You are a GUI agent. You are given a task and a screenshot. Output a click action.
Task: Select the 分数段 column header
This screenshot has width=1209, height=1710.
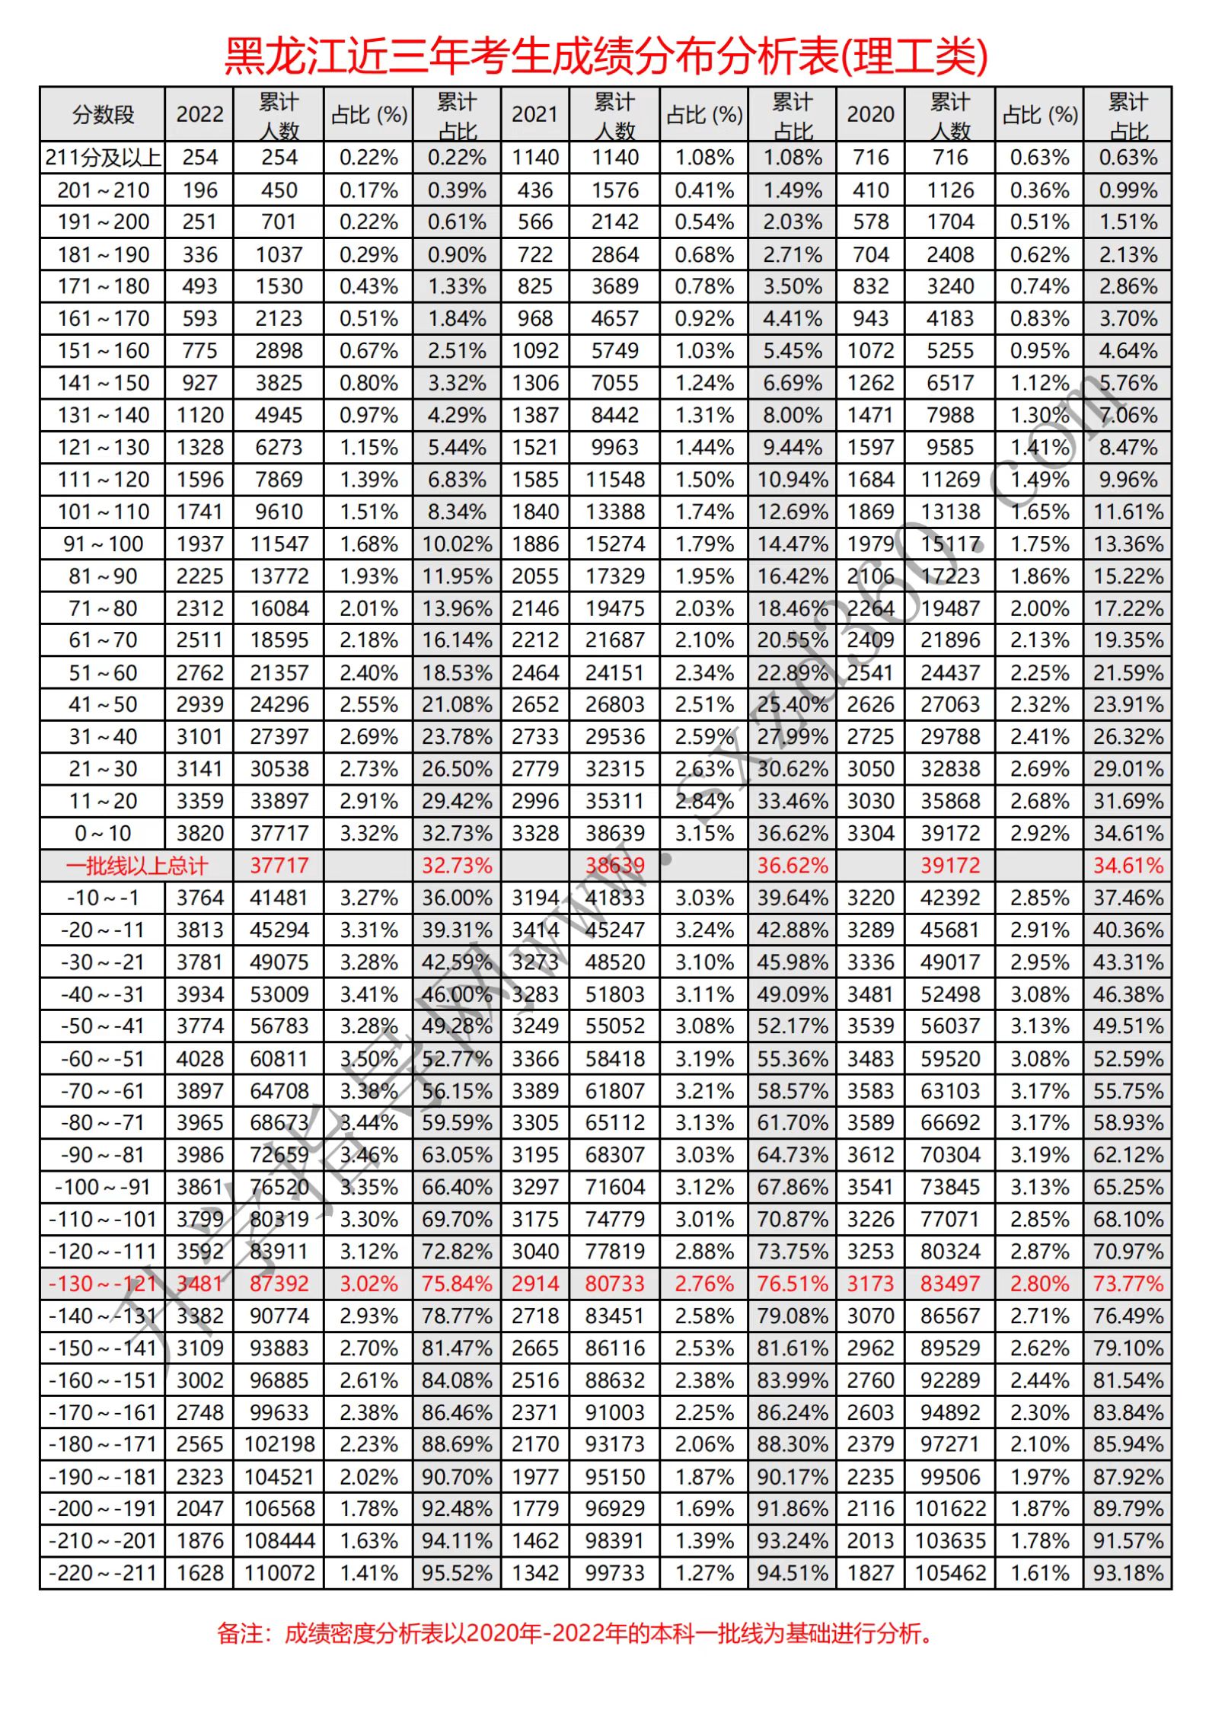tap(103, 115)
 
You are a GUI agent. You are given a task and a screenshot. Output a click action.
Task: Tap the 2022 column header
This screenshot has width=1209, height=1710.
tap(199, 115)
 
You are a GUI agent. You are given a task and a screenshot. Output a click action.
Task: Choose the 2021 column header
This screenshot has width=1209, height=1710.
tap(534, 115)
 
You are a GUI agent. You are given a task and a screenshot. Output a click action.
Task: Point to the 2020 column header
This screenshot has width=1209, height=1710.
tap(870, 115)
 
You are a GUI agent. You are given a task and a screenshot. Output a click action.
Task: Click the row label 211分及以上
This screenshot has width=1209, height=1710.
tap(103, 158)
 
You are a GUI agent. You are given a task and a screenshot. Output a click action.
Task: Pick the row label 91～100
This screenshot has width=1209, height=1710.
tap(103, 544)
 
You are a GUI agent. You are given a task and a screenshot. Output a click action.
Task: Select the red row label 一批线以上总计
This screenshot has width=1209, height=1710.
tap(136, 866)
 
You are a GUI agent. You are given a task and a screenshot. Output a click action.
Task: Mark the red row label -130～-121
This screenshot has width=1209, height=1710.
tap(103, 1284)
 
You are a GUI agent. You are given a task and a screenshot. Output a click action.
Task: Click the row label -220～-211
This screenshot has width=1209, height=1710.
tap(103, 1573)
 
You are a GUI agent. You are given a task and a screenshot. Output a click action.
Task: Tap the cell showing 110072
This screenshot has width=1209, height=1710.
tap(279, 1573)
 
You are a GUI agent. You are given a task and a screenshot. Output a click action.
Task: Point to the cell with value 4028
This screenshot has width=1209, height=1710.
tap(199, 1059)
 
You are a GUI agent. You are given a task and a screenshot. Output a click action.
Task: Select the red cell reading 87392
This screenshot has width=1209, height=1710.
tap(279, 1284)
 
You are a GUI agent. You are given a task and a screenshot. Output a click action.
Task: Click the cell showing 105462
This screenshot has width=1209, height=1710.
tap(950, 1573)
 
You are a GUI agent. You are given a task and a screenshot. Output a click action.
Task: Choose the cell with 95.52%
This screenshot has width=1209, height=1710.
tap(457, 1573)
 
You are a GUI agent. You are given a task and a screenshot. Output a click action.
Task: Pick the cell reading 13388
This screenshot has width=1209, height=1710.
tap(615, 512)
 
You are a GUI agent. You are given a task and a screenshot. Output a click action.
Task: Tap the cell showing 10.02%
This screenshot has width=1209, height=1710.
tap(457, 544)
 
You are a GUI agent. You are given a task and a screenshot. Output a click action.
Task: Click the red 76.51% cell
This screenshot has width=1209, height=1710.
tap(793, 1284)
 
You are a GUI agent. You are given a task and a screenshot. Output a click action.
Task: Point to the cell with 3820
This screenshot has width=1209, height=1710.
tap(199, 834)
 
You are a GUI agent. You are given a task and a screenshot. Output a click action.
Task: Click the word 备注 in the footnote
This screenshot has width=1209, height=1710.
tap(239, 1634)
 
